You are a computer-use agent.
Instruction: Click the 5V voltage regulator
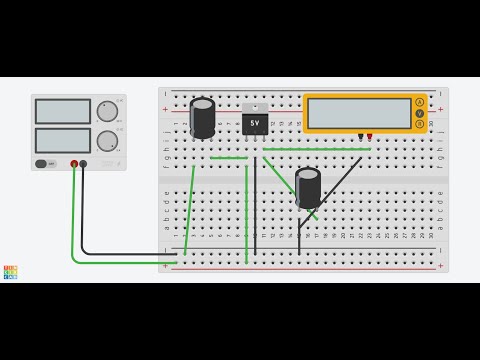[255, 122]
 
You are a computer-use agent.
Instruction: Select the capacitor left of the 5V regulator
[203, 118]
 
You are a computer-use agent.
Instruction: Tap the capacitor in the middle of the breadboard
[308, 187]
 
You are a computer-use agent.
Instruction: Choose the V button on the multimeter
[420, 113]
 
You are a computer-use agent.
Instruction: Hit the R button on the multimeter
[420, 125]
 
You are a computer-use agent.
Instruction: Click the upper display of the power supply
[63, 111]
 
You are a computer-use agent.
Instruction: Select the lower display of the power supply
[63, 140]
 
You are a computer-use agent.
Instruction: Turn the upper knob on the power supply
[106, 111]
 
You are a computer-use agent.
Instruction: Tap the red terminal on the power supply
[74, 164]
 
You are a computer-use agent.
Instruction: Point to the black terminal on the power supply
[83, 164]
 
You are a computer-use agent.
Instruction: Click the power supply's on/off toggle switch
[43, 164]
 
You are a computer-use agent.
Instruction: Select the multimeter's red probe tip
[369, 137]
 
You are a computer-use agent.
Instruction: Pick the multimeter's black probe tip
[360, 137]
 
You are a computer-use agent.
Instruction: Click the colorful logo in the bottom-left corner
[10, 272]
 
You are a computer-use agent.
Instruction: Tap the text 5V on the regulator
[255, 124]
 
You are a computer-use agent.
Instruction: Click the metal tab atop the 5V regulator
[255, 107]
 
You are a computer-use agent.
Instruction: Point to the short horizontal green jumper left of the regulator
[229, 158]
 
